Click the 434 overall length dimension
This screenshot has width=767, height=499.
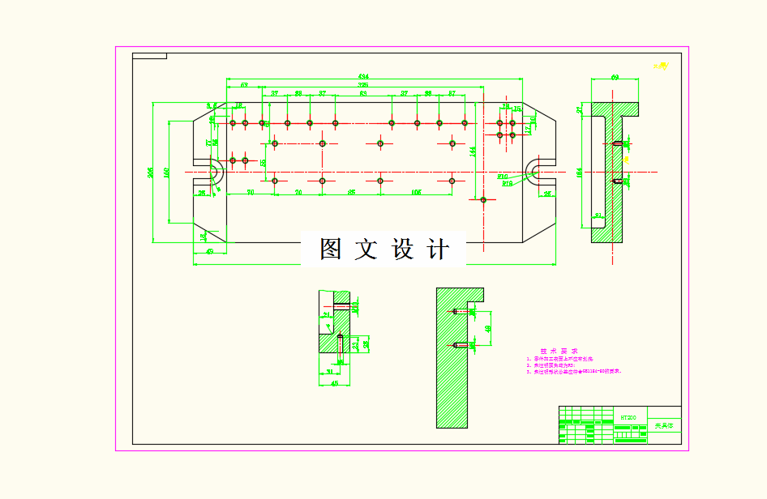click(362, 77)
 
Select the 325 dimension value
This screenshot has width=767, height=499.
click(363, 84)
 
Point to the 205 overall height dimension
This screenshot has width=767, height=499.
click(149, 173)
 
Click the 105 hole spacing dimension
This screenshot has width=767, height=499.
click(416, 192)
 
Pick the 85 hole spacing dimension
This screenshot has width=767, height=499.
click(350, 192)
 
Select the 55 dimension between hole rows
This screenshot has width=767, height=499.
click(264, 162)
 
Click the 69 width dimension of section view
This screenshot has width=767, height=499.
click(615, 78)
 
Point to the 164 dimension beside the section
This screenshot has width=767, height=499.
click(579, 172)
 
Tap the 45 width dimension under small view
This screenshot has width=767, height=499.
click(334, 383)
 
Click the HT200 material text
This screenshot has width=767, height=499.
click(628, 417)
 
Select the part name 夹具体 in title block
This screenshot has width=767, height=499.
click(664, 425)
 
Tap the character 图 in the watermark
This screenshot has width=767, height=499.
click(330, 249)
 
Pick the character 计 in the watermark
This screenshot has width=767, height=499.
click(437, 249)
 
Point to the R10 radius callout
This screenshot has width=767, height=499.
click(503, 176)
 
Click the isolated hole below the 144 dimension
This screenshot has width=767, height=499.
click(483, 199)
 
